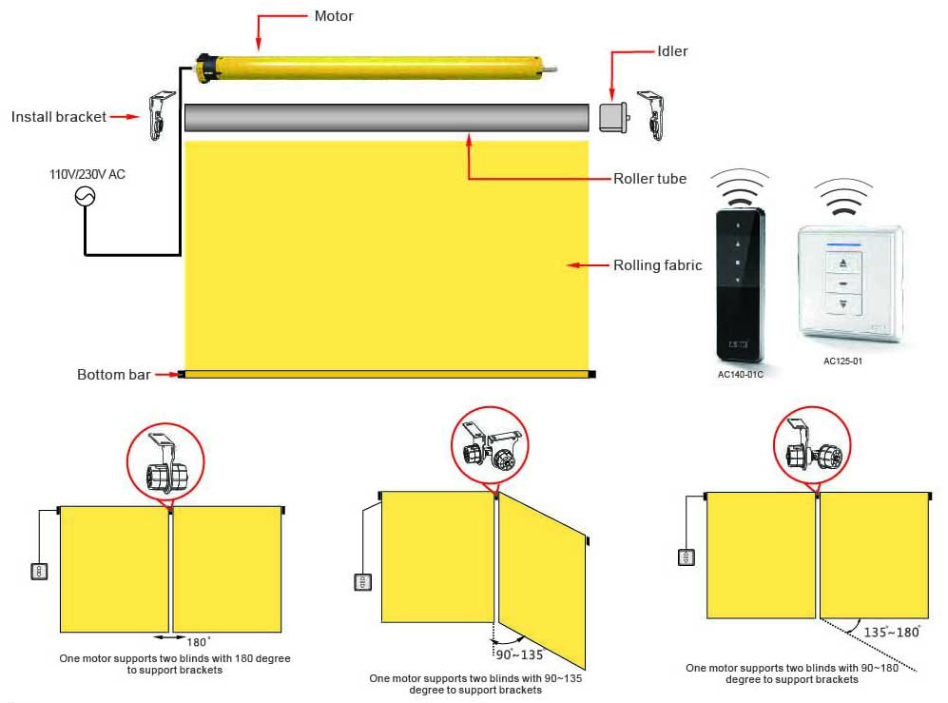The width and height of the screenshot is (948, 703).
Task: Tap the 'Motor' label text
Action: click(335, 16)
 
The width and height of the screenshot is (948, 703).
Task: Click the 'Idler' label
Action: click(672, 51)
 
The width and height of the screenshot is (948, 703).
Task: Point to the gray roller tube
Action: click(386, 117)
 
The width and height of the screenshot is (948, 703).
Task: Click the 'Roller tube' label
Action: click(649, 179)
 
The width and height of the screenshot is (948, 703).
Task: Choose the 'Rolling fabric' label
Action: click(658, 265)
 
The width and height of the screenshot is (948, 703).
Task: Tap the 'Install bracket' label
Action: click(59, 117)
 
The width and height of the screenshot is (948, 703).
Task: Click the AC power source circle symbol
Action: click(85, 196)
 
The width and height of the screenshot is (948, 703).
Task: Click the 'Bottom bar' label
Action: click(113, 375)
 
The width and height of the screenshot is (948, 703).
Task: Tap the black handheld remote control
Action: click(739, 284)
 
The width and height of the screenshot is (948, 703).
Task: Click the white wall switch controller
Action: click(849, 283)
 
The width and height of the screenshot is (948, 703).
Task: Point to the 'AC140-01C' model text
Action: click(741, 374)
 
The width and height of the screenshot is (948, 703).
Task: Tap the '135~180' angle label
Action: click(891, 632)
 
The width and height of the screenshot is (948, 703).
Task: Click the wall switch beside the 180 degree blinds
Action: click(40, 571)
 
